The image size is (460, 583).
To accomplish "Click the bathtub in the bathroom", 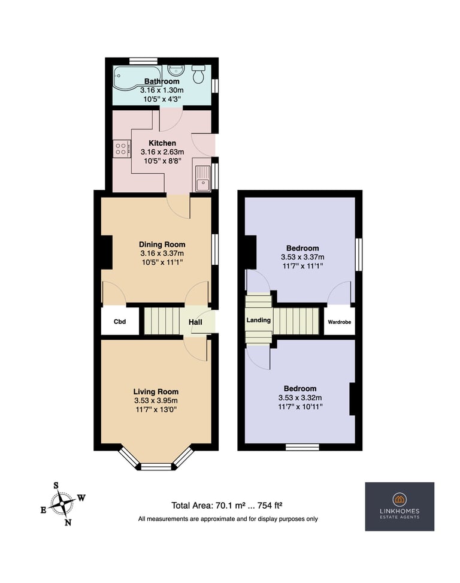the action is point(137,77).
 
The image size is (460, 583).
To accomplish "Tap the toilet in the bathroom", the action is point(198,74).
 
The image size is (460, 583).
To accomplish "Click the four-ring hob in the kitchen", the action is point(122,149).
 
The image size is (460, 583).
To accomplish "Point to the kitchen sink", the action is point(203,179).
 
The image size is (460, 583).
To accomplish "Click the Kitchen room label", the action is point(162,143).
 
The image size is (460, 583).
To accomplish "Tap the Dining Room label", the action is point(162,244).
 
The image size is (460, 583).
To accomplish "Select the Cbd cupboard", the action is point(120,321).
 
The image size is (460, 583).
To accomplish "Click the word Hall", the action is point(195,322).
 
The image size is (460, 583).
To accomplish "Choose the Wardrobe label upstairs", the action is point(339,322).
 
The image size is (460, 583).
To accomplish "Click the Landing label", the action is point(259,320).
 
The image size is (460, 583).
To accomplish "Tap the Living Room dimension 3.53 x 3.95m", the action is point(156,400).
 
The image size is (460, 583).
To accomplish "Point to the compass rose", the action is point(63,504).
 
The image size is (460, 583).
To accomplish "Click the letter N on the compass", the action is point(68,522).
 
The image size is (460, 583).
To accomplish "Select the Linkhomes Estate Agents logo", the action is point(400,506).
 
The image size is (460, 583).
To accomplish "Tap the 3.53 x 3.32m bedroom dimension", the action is point(300,397).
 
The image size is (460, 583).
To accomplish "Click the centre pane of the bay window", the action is point(156,467).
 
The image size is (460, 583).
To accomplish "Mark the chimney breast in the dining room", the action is point(107,252).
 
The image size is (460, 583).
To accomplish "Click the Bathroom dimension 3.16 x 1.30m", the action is point(162,90).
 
